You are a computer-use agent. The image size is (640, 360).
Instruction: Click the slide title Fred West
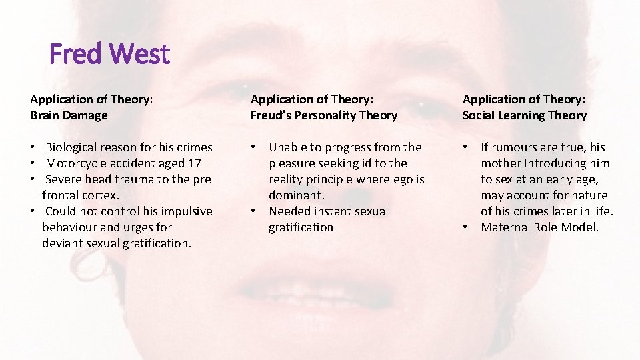(x=110, y=54)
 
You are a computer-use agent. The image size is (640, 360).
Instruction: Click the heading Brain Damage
(x=69, y=115)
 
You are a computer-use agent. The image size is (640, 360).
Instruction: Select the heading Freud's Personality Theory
(x=323, y=115)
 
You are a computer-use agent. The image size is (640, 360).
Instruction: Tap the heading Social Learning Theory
(x=525, y=115)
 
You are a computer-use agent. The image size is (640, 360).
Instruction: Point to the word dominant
(x=295, y=195)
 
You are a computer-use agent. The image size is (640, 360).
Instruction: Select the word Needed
(x=291, y=211)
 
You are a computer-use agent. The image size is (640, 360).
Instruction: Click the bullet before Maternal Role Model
(x=467, y=227)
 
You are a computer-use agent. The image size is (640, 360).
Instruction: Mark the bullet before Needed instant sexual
(x=253, y=211)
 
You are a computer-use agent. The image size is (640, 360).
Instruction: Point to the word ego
(x=403, y=179)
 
